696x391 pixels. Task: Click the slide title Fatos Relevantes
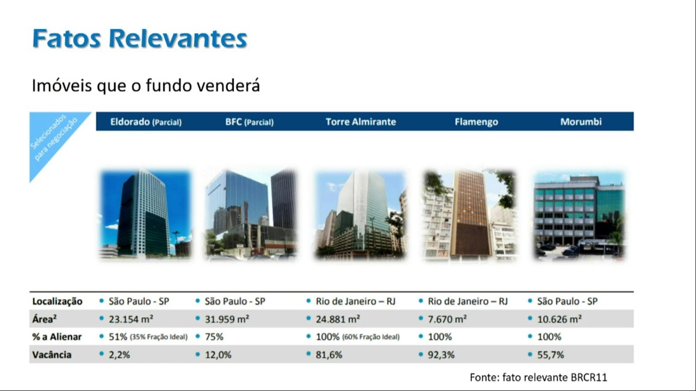(140, 39)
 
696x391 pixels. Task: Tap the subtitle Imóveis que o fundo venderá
(146, 85)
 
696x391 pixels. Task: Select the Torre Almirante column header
(361, 122)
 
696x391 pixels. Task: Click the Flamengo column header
(476, 122)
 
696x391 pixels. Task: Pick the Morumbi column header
(581, 122)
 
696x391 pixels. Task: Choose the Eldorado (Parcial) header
(146, 122)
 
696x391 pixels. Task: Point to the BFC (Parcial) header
(250, 122)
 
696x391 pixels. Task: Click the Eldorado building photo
(145, 214)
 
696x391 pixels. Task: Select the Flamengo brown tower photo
(470, 215)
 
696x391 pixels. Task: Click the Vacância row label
(52, 355)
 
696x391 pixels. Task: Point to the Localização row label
(57, 301)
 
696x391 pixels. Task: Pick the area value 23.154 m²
(131, 319)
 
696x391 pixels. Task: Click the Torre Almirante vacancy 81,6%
(329, 355)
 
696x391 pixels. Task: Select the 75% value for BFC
(214, 337)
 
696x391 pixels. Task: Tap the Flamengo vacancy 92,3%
(441, 355)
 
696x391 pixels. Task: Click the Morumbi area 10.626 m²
(560, 319)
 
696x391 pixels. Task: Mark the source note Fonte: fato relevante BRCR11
(538, 377)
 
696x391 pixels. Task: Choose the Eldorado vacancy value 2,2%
(119, 355)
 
